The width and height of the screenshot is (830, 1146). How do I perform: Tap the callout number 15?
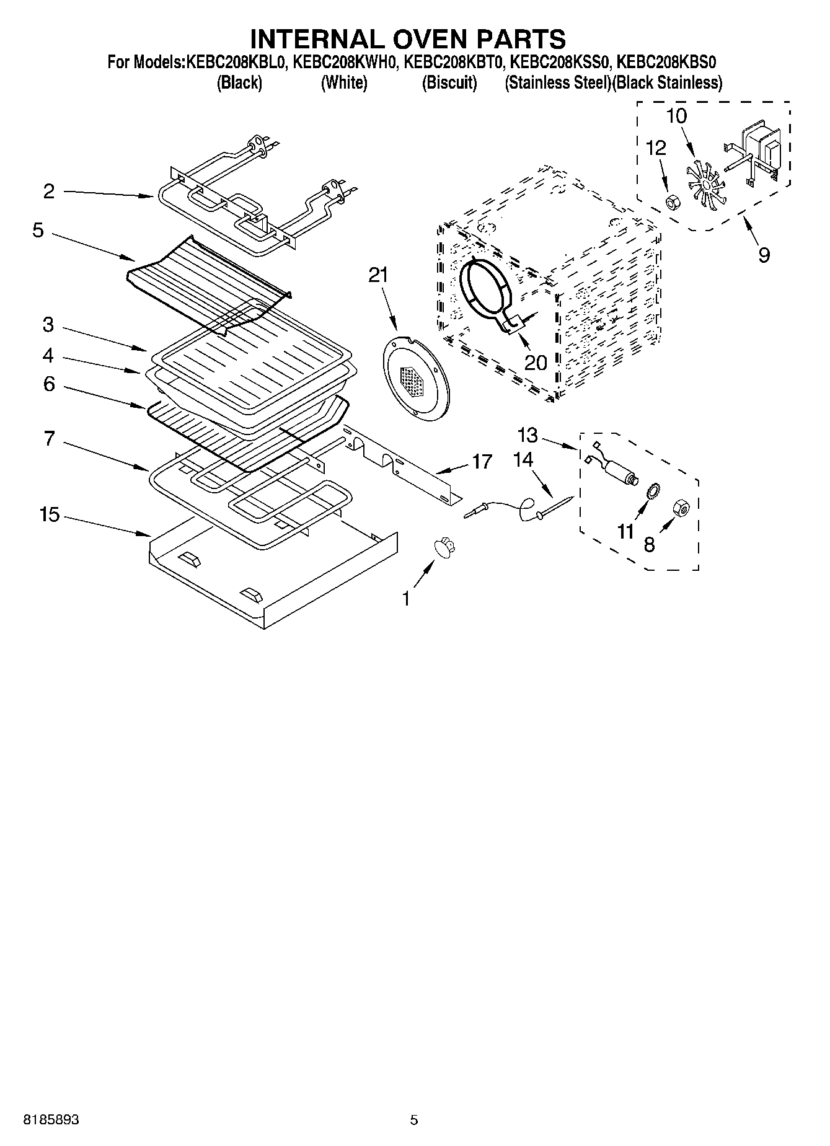click(x=50, y=514)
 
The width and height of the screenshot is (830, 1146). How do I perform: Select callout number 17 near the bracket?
click(x=482, y=462)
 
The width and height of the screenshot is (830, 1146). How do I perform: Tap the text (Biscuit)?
click(x=449, y=83)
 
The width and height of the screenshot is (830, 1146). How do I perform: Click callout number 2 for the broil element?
click(x=49, y=192)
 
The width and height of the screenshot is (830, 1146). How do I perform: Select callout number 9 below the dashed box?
click(x=764, y=254)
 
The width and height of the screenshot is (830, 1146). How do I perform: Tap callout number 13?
click(x=528, y=436)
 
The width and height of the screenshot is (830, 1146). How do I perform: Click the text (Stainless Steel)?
click(x=557, y=83)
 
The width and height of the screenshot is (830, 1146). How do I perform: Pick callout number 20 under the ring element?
click(x=536, y=361)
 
